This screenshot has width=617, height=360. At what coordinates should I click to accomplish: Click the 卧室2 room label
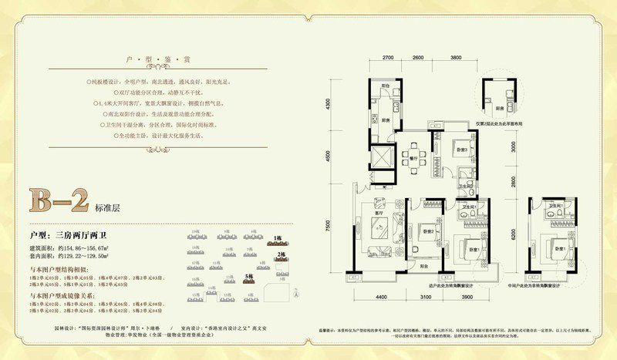point(427,230)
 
